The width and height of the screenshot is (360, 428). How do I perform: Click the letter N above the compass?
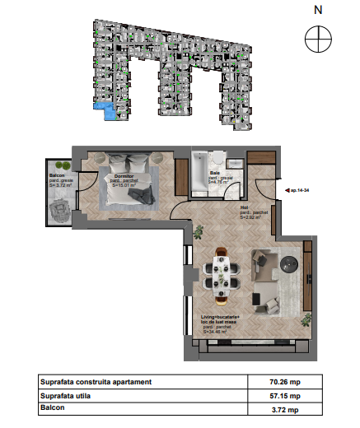(x=317, y=11)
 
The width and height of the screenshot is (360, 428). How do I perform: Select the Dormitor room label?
(x=124, y=177)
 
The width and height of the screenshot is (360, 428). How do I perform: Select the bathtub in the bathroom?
(x=200, y=174)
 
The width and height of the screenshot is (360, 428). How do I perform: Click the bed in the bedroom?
(x=128, y=190)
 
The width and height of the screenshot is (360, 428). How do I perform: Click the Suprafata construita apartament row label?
(x=96, y=382)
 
